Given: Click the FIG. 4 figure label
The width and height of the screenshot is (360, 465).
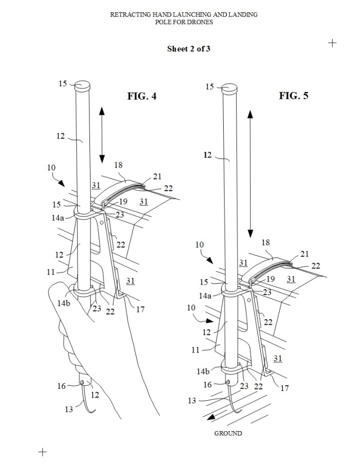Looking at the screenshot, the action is [141, 96].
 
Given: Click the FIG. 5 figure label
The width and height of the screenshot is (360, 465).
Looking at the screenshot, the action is [294, 96].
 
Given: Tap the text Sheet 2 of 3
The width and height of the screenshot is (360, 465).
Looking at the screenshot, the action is [189, 49].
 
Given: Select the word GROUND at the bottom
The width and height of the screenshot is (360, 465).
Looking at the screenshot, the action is [228, 433].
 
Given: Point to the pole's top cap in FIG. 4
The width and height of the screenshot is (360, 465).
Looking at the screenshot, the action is [82, 85].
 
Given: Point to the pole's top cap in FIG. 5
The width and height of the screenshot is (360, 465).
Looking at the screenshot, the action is [230, 88].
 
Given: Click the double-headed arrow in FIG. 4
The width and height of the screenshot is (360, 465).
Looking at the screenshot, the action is [102, 135].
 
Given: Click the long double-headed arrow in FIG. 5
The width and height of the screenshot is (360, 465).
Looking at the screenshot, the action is [250, 174].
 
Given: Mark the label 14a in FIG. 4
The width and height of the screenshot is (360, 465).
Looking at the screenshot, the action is [58, 218].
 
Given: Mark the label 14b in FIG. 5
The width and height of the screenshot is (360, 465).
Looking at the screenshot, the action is [203, 371].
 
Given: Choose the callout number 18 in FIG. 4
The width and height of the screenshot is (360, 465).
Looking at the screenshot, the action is [118, 165].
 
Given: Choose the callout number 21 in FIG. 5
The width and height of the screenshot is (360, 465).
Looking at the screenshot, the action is [304, 254].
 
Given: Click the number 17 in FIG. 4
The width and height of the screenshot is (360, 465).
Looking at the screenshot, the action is [140, 310].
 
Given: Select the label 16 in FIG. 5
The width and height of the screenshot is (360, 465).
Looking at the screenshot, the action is [207, 385].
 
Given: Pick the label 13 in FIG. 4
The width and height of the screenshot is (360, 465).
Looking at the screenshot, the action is [68, 410].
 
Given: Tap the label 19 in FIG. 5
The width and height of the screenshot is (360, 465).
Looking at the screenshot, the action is [271, 279].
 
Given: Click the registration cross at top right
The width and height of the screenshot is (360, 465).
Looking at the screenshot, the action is [332, 43].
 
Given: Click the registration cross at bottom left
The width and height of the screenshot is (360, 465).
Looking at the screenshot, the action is [43, 452].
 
